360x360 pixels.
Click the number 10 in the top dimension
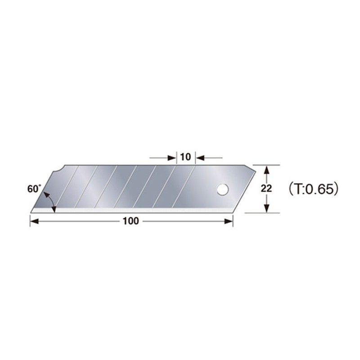185,157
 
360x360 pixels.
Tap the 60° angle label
34,189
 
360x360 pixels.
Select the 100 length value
132,220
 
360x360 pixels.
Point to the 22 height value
266,189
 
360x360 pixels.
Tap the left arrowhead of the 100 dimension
33,220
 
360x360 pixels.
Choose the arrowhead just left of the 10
171,157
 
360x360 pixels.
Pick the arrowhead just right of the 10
200,157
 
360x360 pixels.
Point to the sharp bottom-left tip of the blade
31,211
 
